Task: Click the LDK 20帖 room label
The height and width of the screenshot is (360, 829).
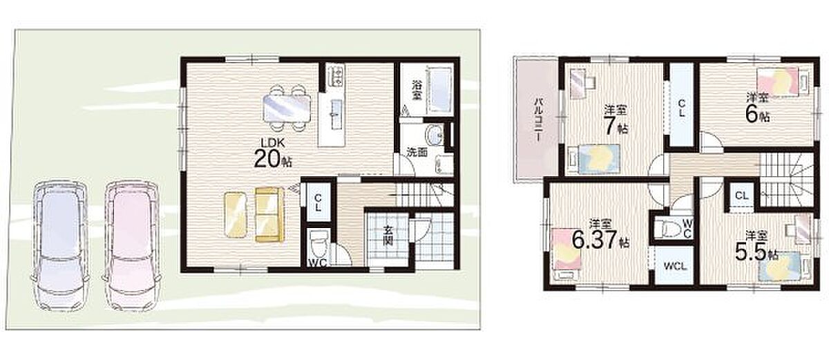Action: coord(273,153)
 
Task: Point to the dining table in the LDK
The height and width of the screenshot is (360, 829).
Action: coord(287,108)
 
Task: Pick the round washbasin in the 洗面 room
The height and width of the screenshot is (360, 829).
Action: coord(435,135)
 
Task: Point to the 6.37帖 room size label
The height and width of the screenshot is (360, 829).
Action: coord(600,240)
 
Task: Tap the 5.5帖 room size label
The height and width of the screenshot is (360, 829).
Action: coord(756,253)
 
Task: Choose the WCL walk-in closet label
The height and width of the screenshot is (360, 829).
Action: coord(675,266)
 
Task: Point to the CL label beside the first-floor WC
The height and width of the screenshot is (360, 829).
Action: coord(318,202)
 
